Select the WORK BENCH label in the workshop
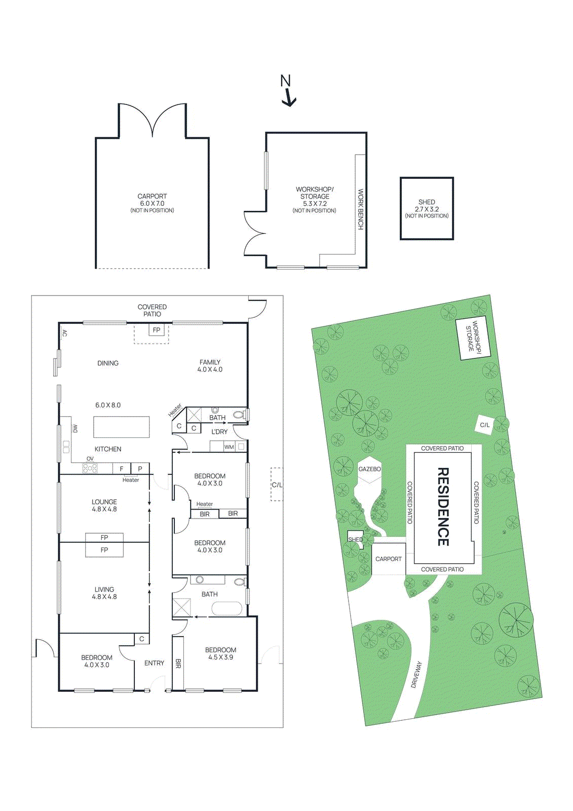tap(361, 209)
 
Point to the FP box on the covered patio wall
tap(157, 330)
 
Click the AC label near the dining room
tap(65, 333)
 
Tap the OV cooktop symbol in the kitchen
tap(90, 468)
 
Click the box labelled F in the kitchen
tap(121, 469)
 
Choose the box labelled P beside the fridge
tap(140, 469)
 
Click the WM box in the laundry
tap(229, 447)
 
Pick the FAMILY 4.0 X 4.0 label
tap(210, 365)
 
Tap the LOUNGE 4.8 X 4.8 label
tap(104, 505)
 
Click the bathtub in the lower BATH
tap(226, 608)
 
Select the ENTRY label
tap(154, 663)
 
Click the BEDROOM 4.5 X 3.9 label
tap(220, 653)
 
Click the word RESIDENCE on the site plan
tap(442, 506)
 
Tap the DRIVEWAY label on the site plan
tap(416, 674)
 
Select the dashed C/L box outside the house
tap(277, 485)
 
